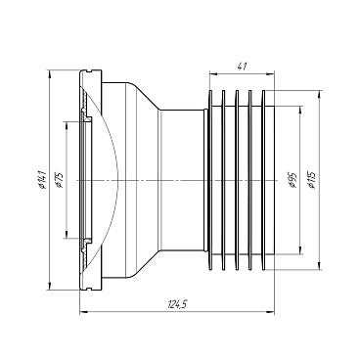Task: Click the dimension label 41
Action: [x=242, y=67]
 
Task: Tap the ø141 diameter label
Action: [x=42, y=180]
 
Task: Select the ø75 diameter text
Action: [x=60, y=181]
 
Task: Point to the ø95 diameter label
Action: [x=293, y=180]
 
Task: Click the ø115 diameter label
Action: [x=311, y=180]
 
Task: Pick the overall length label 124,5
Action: [x=177, y=304]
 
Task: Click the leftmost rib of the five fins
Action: [x=210, y=180]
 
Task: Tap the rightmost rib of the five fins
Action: [x=263, y=180]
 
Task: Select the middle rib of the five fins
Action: [x=237, y=180]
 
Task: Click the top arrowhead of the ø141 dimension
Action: [x=49, y=73]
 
